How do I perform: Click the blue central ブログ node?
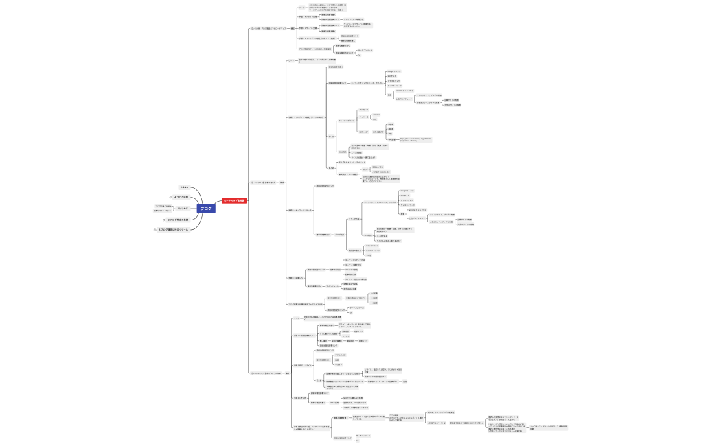coord(206,208)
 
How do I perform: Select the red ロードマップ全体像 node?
coord(233,200)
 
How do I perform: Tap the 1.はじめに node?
coord(183,208)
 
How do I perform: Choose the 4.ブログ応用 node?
coord(181,197)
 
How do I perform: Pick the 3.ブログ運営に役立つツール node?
coord(174,230)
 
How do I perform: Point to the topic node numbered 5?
coord(184,187)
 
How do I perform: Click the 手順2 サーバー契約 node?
coord(308,28)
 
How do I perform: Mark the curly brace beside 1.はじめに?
coord(174,208)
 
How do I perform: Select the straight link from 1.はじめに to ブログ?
coord(194,208)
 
